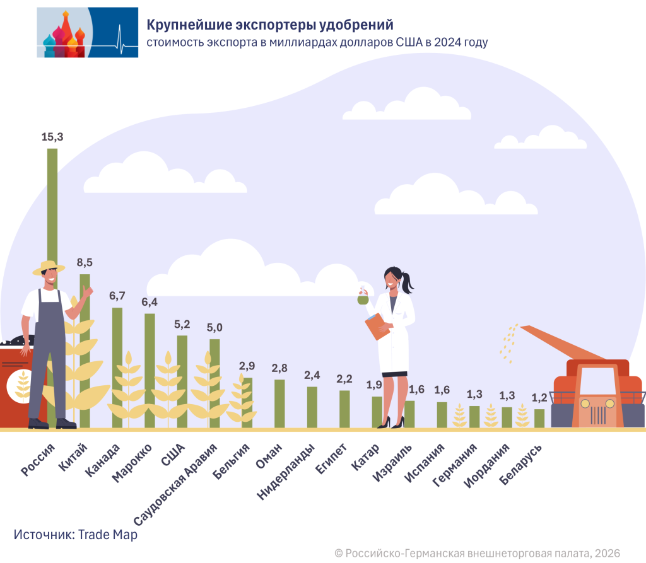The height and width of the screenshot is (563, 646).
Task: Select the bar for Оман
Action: tap(279, 403)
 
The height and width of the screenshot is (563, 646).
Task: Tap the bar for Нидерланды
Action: tap(312, 407)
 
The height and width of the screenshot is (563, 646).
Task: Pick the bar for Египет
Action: tap(344, 409)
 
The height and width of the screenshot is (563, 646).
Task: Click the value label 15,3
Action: tap(52, 137)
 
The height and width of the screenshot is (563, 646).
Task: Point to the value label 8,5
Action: tap(85, 263)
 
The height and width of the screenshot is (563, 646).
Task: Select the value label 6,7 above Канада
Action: tap(117, 296)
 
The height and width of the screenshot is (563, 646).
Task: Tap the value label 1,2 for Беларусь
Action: tap(539, 398)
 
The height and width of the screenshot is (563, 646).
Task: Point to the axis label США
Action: tap(173, 453)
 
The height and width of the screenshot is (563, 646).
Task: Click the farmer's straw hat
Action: tap(48, 267)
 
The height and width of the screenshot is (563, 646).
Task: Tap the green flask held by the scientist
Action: tap(363, 299)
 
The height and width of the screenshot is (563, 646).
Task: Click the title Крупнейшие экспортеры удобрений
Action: tap(270, 25)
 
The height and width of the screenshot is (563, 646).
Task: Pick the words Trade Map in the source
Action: tap(108, 534)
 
